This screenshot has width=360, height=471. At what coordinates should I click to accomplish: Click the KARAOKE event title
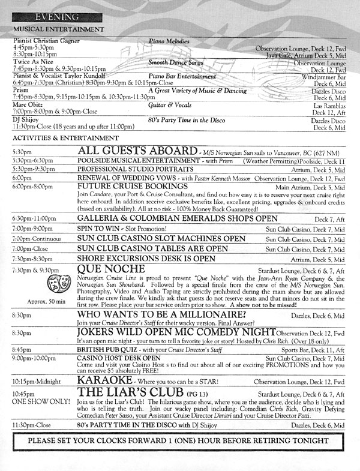coord(102,381)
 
